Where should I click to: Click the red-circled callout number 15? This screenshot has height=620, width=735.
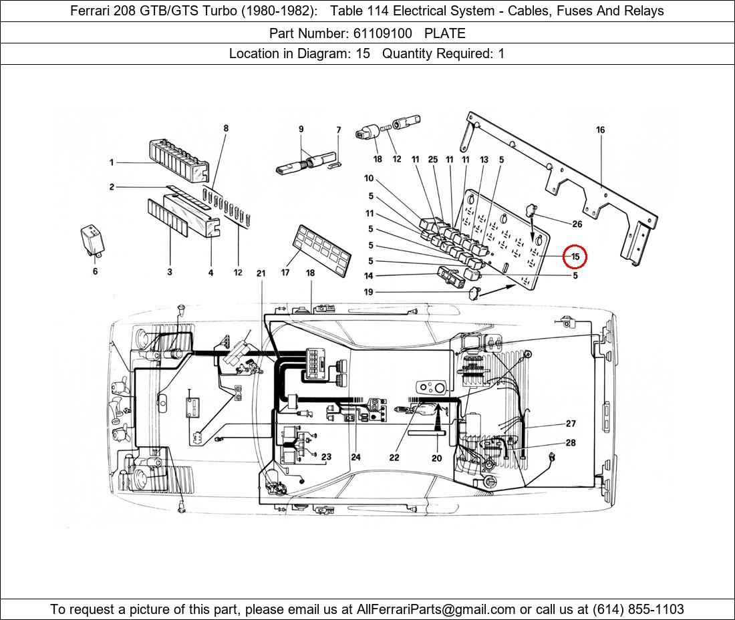pyautogui.click(x=575, y=257)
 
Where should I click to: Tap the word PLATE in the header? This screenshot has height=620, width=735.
pyautogui.click(x=445, y=33)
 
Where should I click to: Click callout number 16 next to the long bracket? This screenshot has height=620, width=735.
pyautogui.click(x=600, y=130)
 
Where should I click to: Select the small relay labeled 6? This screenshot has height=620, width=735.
pyautogui.click(x=92, y=237)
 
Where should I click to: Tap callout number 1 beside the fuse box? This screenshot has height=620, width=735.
pyautogui.click(x=112, y=162)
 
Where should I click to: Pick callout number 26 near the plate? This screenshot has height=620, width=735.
pyautogui.click(x=576, y=224)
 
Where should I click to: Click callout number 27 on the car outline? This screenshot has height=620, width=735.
pyautogui.click(x=571, y=424)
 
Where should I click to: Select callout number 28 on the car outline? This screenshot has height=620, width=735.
pyautogui.click(x=571, y=443)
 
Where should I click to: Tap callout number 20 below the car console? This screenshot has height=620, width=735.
pyautogui.click(x=436, y=458)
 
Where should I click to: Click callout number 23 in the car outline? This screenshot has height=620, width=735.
pyautogui.click(x=326, y=457)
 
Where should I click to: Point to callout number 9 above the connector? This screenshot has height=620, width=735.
pyautogui.click(x=301, y=129)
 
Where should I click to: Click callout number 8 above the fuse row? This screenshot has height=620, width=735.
pyautogui.click(x=226, y=128)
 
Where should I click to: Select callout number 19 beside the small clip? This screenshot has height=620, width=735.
pyautogui.click(x=369, y=292)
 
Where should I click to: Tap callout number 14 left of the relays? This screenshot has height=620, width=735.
pyautogui.click(x=369, y=276)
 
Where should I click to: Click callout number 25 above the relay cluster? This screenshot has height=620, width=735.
pyautogui.click(x=433, y=160)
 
